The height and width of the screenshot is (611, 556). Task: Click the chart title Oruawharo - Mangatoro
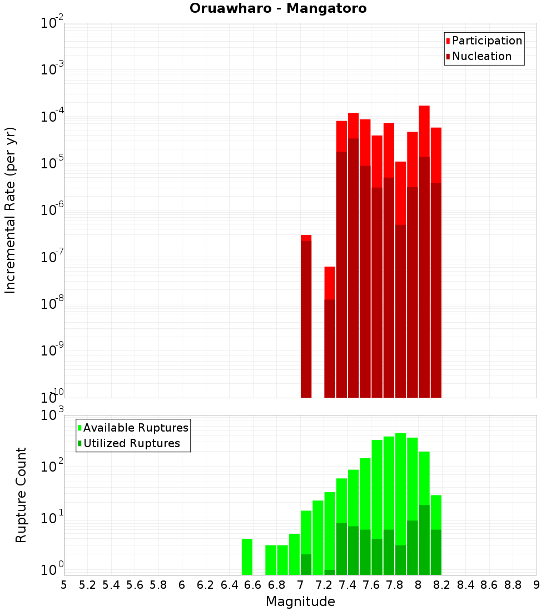click(278, 9)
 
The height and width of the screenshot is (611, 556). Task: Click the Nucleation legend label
click(481, 56)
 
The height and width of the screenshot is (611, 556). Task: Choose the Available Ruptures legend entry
click(136, 428)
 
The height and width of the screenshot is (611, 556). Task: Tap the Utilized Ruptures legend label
click(131, 443)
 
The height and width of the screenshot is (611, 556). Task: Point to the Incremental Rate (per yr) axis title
click(11, 210)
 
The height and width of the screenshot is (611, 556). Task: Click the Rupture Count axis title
click(21, 494)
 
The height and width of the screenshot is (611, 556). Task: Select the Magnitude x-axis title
click(300, 602)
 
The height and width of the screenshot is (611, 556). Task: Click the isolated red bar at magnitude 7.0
click(306, 317)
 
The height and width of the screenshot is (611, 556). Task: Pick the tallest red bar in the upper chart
click(424, 250)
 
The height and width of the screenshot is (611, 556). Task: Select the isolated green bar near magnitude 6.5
click(247, 557)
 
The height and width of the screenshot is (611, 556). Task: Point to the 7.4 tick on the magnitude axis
click(348, 585)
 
